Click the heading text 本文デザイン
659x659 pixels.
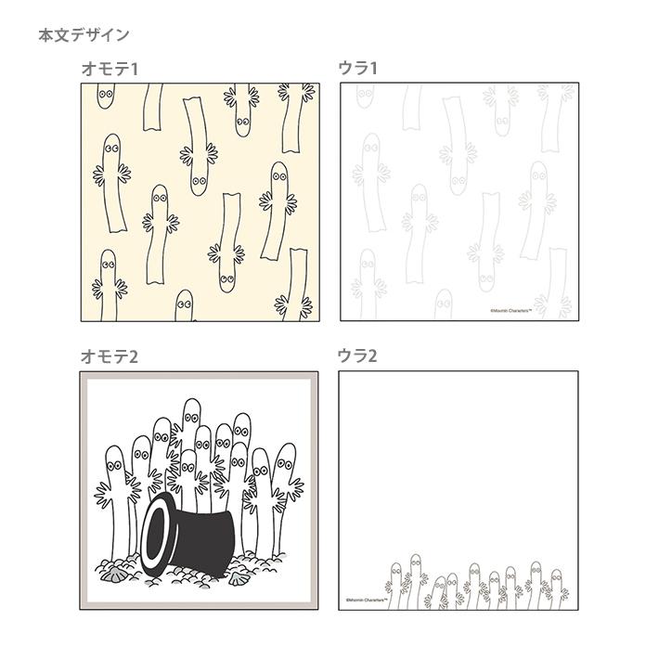[x=84, y=35]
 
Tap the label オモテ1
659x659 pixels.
[x=110, y=69]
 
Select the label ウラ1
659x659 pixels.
[x=357, y=69]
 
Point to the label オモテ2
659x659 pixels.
[x=110, y=356]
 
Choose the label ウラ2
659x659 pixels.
[x=358, y=356]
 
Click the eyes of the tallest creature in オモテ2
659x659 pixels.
[x=190, y=413]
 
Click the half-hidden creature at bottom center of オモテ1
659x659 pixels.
[x=184, y=307]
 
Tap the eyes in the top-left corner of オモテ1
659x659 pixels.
[x=105, y=93]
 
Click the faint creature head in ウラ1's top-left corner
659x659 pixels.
[x=365, y=93]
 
